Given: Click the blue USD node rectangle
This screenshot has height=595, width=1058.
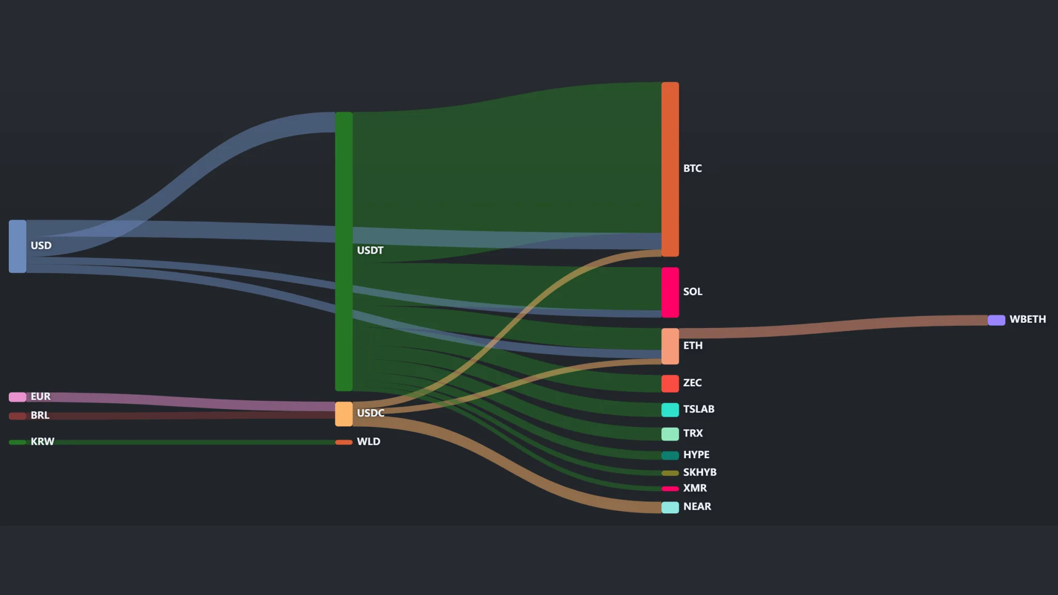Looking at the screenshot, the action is (18, 246).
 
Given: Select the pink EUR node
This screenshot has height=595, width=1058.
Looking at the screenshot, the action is (18, 397).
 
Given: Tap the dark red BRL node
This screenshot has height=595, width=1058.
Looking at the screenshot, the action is (18, 416).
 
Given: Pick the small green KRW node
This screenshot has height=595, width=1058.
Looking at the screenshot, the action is (18, 442).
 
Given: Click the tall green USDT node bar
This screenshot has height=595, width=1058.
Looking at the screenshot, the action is (344, 252).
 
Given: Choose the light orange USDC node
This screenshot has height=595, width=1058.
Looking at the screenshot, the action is (344, 414).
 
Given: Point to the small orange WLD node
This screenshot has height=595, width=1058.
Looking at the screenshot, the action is (344, 442).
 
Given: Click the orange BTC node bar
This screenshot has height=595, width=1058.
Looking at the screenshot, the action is (670, 169).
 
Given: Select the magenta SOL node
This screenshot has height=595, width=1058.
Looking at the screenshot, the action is (670, 292).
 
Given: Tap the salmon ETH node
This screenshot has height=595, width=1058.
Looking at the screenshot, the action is (670, 347).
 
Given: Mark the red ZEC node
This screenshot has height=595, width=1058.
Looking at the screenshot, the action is (670, 384).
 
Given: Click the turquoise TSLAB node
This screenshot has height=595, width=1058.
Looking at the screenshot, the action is (670, 410).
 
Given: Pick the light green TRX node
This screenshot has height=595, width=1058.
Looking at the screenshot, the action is (670, 434).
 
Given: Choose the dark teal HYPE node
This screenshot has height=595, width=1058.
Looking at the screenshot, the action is (670, 456).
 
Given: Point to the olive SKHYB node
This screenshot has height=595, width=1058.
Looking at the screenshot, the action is (670, 473).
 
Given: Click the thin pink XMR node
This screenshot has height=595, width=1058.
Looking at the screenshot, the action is (670, 489).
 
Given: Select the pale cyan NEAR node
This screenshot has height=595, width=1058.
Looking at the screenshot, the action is (670, 507).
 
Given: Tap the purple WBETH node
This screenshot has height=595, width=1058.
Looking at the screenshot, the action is (997, 320).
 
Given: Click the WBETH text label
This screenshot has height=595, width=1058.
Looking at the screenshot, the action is (1028, 319).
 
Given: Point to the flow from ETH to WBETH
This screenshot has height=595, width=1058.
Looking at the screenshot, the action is (833, 327).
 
